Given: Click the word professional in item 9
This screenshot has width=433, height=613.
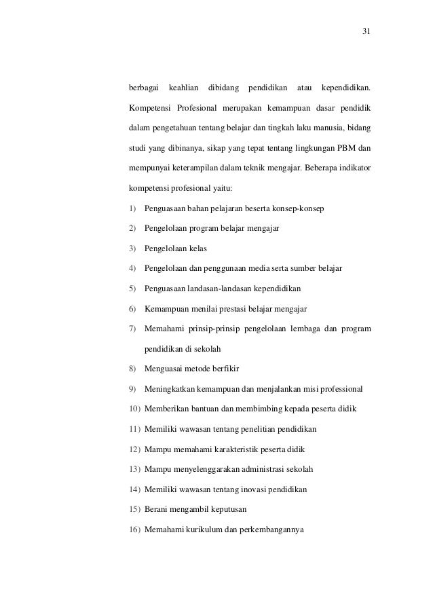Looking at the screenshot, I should (339, 390).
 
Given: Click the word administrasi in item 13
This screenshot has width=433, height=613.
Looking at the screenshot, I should (260, 469).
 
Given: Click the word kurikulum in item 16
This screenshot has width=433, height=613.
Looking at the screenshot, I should (196, 529).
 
